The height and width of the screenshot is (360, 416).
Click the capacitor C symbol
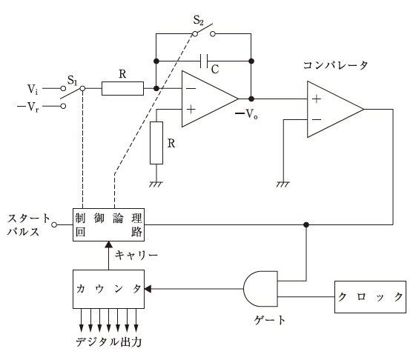coord(204,61)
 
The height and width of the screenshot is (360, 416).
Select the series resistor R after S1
coord(122,89)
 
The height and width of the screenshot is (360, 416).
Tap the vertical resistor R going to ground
coord(156,143)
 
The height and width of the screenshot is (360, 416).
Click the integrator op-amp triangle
coord(210,99)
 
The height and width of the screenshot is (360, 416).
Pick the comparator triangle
coord(335,109)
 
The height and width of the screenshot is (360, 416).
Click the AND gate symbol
coord(260,289)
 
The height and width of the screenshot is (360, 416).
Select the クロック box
coord(370,297)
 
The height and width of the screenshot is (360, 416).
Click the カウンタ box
coord(108,289)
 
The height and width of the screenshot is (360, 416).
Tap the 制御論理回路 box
coord(108,224)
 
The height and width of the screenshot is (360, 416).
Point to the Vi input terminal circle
coord(63,88)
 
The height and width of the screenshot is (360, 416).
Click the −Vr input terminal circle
coord(63,106)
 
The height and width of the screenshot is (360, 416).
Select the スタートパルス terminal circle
coord(54,224)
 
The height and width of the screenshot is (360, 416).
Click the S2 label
coord(198,21)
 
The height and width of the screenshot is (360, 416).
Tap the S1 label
coord(72,80)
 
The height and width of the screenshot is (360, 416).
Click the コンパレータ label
coord(335,65)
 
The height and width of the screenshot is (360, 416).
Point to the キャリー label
coord(136,256)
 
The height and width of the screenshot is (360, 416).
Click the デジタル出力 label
coord(109,342)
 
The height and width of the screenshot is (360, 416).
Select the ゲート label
coord(270,320)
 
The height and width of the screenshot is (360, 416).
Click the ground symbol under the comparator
coord(283,184)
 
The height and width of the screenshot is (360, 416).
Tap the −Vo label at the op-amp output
coord(246,114)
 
